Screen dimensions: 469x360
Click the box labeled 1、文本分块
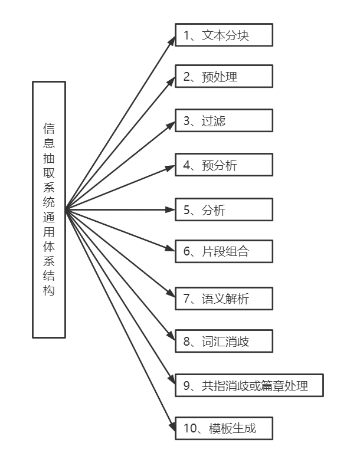(x=224, y=35)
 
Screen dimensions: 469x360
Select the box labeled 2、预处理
(x=224, y=76)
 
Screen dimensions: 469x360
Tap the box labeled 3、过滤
(x=224, y=121)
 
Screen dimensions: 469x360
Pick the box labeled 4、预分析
(x=224, y=165)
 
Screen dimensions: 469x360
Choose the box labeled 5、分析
(x=224, y=209)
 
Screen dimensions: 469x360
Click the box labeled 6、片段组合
(x=224, y=251)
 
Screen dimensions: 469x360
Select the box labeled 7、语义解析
(x=224, y=299)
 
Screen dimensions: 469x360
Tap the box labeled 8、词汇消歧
(x=224, y=341)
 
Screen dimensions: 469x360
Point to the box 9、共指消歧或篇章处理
(x=249, y=386)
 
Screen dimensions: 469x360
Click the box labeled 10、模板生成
(x=224, y=428)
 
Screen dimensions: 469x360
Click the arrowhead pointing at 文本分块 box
(x=172, y=39)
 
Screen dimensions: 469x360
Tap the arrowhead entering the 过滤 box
(x=171, y=123)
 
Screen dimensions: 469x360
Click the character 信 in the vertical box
(x=49, y=128)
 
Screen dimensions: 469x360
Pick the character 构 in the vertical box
(x=49, y=290)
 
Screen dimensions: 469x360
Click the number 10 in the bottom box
(x=189, y=428)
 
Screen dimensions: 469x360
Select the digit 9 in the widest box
(x=186, y=386)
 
